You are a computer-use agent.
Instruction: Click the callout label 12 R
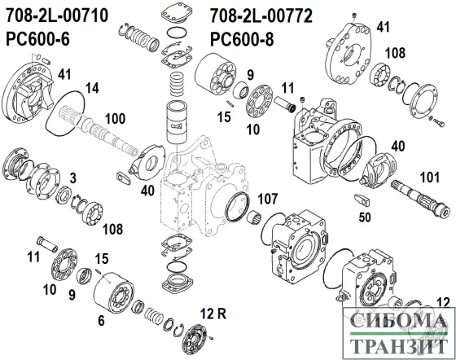click(214, 313)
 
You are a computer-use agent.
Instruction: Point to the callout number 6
click(100, 320)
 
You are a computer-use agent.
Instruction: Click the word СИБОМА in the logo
click(395, 323)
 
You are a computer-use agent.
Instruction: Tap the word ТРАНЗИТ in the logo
click(395, 345)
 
